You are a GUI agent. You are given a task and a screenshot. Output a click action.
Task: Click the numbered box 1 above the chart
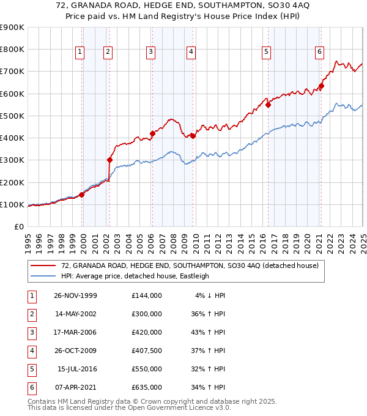coord(80,53)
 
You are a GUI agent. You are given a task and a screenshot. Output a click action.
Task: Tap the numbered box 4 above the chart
coord(191,53)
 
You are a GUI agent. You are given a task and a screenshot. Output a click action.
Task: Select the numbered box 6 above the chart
coord(319,53)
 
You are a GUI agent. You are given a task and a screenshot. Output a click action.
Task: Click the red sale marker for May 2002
coord(109,160)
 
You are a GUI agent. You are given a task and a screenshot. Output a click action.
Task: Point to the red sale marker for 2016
coord(268,105)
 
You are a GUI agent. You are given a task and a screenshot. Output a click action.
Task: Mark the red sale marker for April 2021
coord(321,86)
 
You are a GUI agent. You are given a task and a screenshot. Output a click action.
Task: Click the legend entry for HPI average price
coord(135,276)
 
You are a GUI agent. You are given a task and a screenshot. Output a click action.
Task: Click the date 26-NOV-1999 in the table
coord(75,295)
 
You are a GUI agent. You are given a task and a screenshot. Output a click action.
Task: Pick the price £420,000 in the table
coord(146,332)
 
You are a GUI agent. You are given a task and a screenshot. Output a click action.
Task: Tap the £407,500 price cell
coord(146,351)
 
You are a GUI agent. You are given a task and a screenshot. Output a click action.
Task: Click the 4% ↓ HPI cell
coord(210,295)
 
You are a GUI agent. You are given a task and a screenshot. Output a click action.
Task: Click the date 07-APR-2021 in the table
coord(75,387)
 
